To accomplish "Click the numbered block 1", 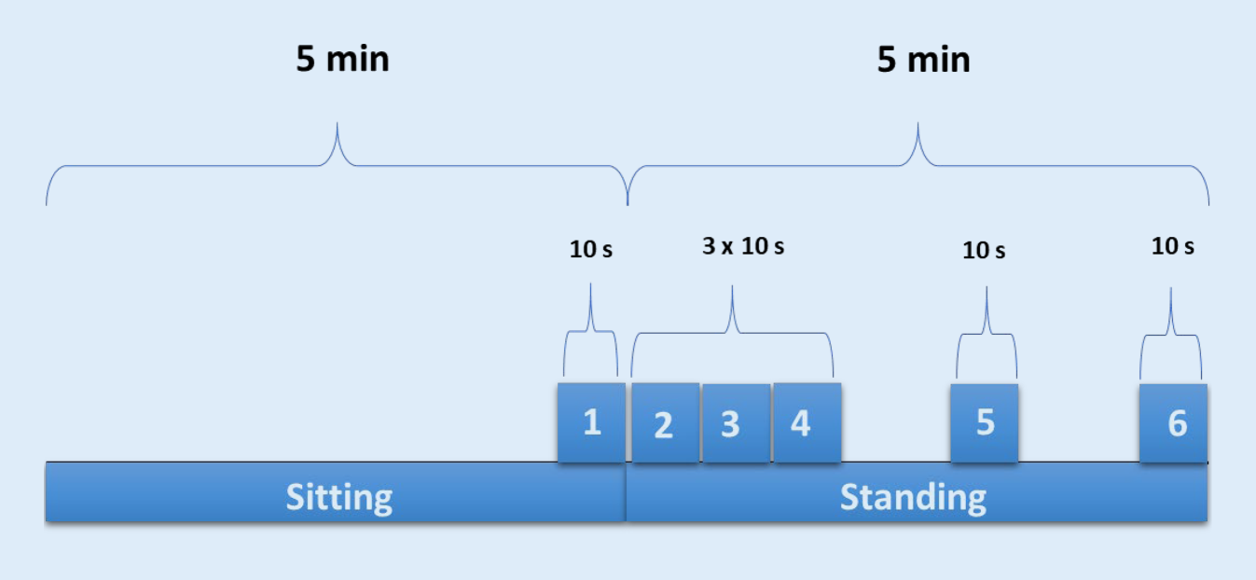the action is point(591,422).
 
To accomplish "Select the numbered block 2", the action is point(665,423).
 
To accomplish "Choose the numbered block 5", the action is point(985,422).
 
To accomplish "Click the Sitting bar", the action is point(186,495).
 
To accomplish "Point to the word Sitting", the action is point(338,497).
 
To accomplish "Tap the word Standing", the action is point(913,497).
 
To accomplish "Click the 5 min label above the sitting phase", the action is point(342,60).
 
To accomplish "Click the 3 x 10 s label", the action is point(743,247).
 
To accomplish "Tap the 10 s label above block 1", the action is point(591,250).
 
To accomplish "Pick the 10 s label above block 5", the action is point(984,250).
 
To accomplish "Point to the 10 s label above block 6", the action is point(1172,247).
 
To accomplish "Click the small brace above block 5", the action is point(987,336).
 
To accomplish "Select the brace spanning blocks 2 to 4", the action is point(733,331).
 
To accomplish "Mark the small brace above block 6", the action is point(1171,336).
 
